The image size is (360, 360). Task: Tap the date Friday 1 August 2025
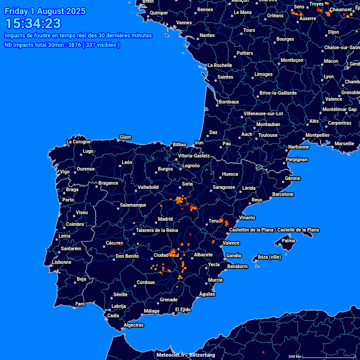(x=45, y=11)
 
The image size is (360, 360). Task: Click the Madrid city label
(x=165, y=219)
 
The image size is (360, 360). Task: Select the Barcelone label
(x=283, y=194)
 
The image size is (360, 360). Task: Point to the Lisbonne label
(x=61, y=262)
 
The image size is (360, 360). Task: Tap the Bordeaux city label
(x=229, y=102)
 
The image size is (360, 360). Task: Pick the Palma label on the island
(x=288, y=241)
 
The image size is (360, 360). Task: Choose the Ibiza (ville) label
(x=269, y=257)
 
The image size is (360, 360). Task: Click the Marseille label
(x=345, y=143)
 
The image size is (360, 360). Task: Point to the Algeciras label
(x=134, y=325)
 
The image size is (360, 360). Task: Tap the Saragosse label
(x=224, y=187)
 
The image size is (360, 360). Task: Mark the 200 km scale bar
(x=295, y=357)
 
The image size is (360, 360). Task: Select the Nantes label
(x=207, y=36)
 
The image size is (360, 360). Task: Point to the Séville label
(x=120, y=294)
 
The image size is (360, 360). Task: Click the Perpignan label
(x=297, y=159)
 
